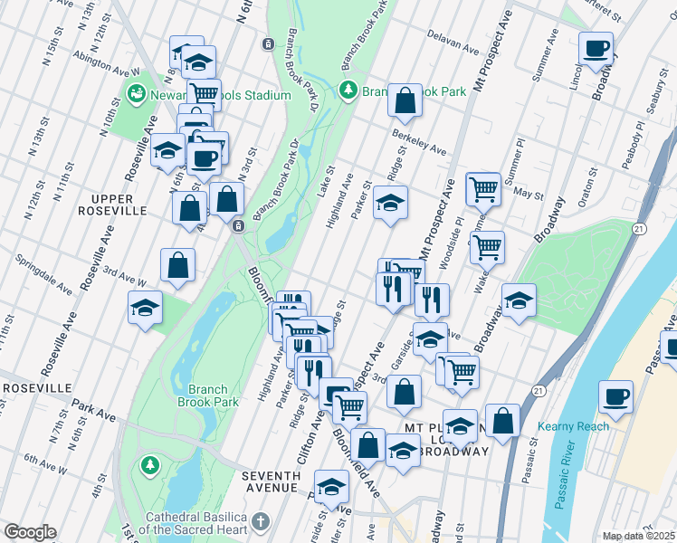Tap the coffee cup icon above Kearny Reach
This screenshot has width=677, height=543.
[x=615, y=396]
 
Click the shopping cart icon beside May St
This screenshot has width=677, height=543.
[x=483, y=189]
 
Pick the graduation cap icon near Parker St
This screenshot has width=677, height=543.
[x=390, y=203]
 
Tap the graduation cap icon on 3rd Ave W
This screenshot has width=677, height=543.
[x=145, y=308]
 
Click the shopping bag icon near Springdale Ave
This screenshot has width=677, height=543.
[x=178, y=265]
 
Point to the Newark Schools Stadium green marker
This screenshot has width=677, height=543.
[x=137, y=92]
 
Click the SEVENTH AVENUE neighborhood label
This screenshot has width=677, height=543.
[x=271, y=481]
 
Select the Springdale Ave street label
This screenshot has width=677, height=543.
[x=43, y=274]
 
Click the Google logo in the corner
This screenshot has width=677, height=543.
[x=29, y=532]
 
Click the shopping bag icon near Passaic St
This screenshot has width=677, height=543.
[x=502, y=421]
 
